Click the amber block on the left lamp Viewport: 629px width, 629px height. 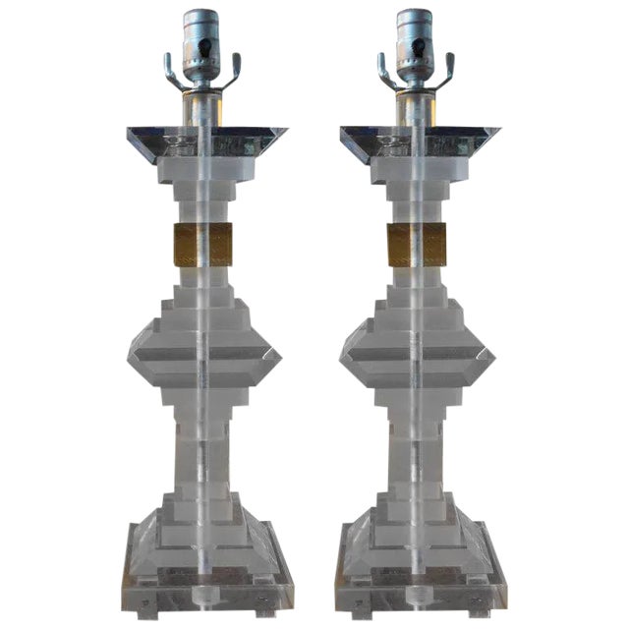click(x=205, y=245)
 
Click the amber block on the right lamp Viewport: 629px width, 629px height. click(x=417, y=245)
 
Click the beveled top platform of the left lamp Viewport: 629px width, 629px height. click(x=206, y=143)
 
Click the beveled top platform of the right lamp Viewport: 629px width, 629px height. click(x=420, y=143)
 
